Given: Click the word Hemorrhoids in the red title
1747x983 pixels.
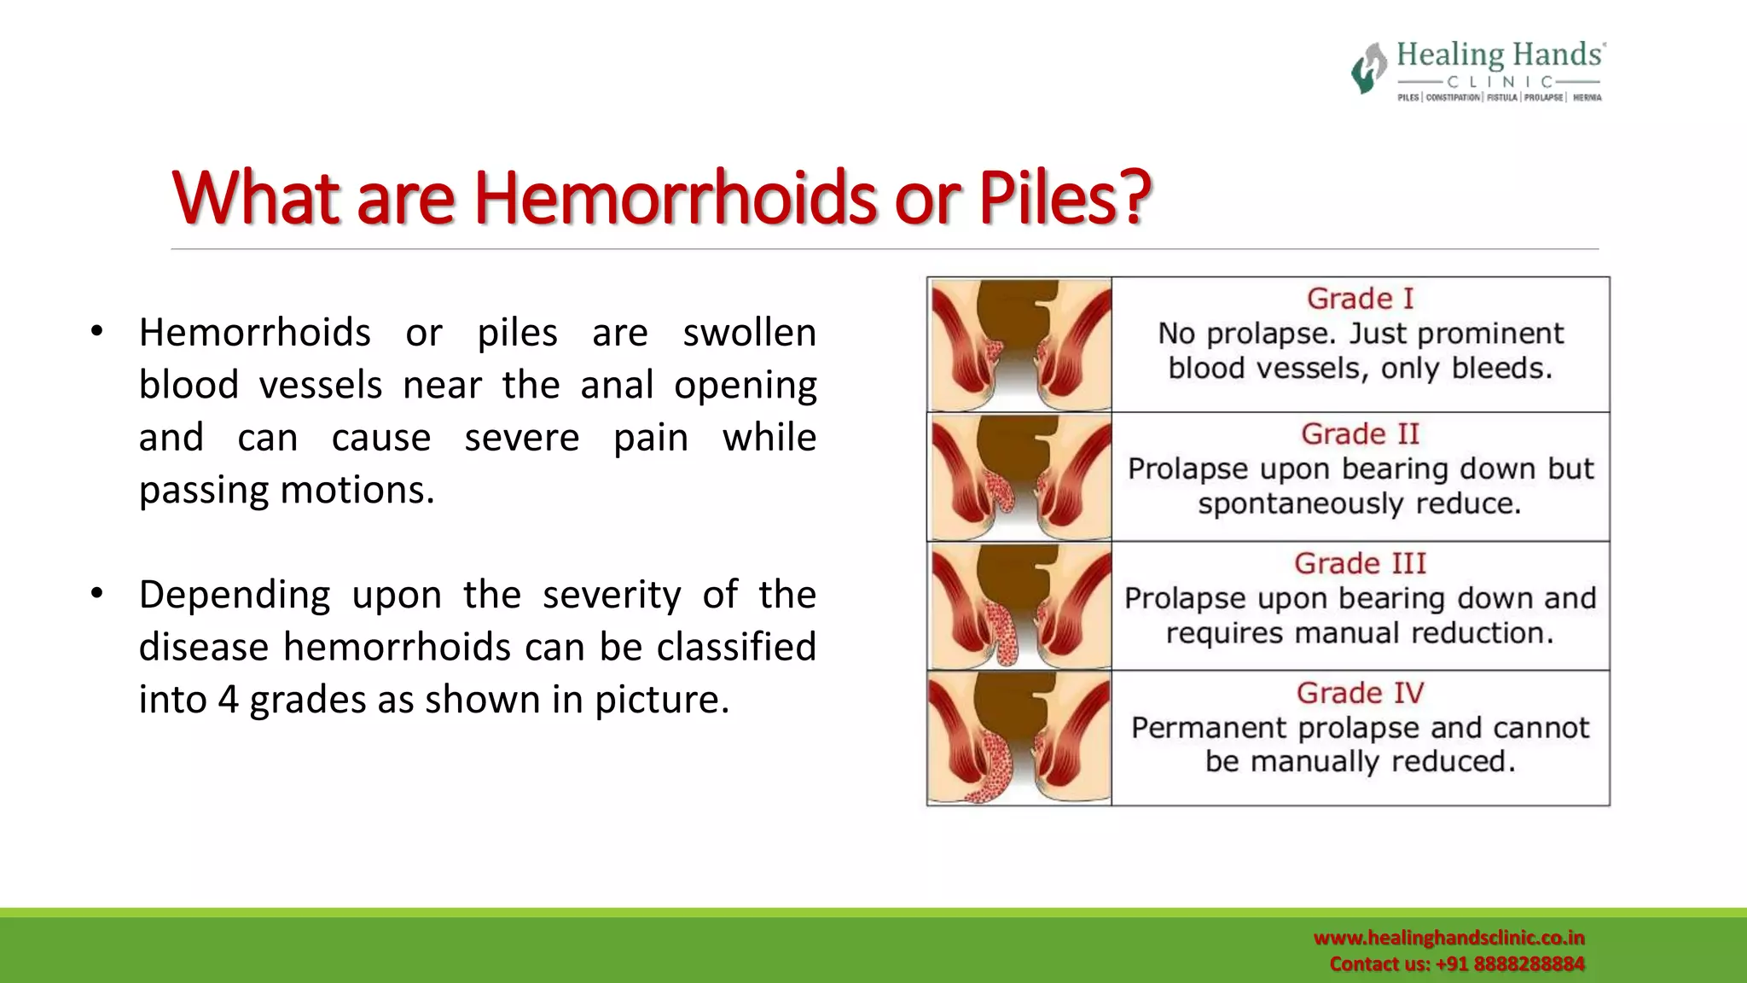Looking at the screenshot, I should (x=674, y=198).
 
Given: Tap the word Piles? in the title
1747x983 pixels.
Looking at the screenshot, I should (x=1065, y=198).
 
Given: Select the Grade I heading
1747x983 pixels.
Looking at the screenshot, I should (x=1360, y=299).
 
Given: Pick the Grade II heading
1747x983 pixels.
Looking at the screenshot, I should (x=1360, y=433).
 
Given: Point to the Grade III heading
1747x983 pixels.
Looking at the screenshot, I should (x=1360, y=563).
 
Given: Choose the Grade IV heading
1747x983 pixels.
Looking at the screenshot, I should (x=1360, y=693).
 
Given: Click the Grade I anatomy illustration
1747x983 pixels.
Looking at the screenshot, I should (x=1020, y=345).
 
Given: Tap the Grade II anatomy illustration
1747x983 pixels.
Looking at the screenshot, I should (x=1020, y=477).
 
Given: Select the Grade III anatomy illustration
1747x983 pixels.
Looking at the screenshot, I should (x=1020, y=607).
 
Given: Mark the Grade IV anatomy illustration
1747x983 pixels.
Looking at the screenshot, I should (x=1020, y=738).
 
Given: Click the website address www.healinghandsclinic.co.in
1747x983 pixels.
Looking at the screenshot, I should (x=1448, y=938).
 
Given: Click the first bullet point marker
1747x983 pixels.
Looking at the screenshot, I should (x=96, y=331).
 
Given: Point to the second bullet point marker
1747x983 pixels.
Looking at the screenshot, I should (x=96, y=593).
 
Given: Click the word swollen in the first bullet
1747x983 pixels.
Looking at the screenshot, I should (x=749, y=333).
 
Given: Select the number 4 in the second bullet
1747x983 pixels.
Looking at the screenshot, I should (x=228, y=700).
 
